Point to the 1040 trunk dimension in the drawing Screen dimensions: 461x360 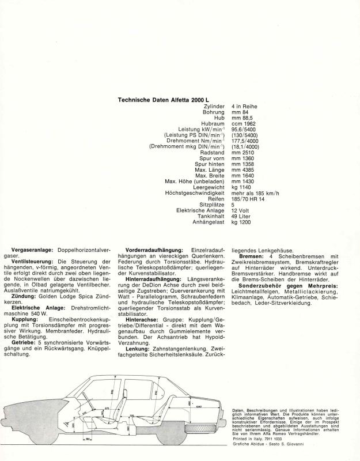click(x=199, y=406)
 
